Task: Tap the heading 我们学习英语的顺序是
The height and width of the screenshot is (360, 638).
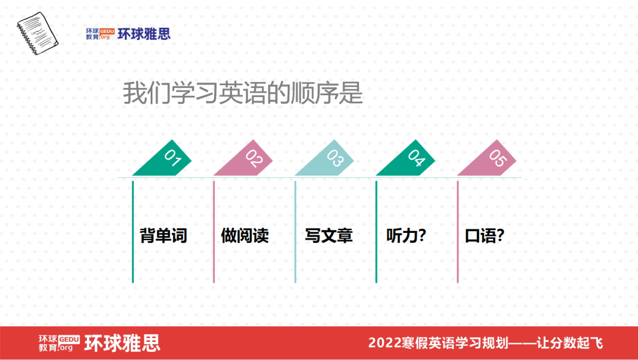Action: pyautogui.click(x=242, y=93)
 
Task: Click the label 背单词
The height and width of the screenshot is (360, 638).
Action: pyautogui.click(x=163, y=236)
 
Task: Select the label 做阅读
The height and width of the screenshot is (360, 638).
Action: pyautogui.click(x=245, y=236)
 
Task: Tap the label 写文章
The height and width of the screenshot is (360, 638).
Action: pyautogui.click(x=328, y=236)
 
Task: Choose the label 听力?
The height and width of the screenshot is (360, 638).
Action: pyautogui.click(x=406, y=236)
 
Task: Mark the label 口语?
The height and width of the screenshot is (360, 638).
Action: pyautogui.click(x=484, y=236)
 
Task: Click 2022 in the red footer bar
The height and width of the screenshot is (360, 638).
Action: pyautogui.click(x=383, y=343)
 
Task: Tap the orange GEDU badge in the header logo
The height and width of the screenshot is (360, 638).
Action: pyautogui.click(x=106, y=30)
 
